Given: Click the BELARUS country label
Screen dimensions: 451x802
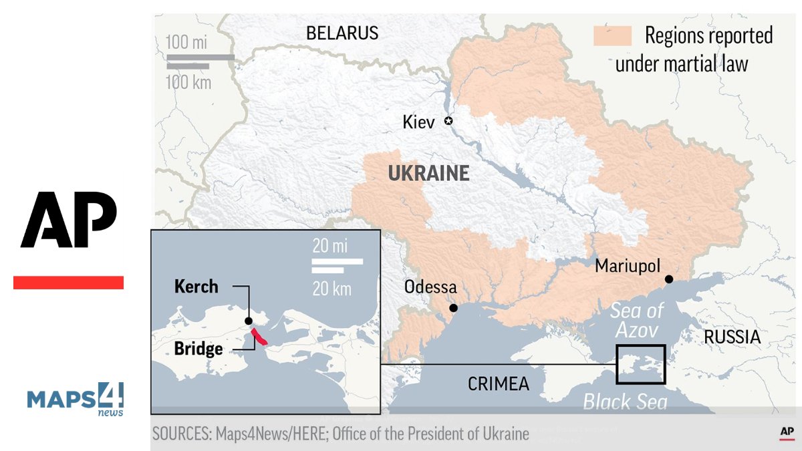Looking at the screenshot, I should [x=342, y=33].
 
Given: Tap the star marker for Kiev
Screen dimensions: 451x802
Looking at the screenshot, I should [x=448, y=121].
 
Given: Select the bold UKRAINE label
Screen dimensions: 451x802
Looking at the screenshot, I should [x=428, y=174].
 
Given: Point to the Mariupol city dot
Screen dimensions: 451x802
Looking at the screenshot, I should [x=668, y=279].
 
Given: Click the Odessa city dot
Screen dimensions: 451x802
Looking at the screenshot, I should [x=453, y=308].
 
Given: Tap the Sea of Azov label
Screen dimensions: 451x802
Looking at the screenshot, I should [x=637, y=320].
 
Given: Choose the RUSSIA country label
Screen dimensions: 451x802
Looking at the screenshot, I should [x=732, y=337].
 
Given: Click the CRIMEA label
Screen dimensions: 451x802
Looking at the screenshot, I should [x=498, y=384].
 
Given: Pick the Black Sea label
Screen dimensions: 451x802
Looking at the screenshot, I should [x=625, y=402].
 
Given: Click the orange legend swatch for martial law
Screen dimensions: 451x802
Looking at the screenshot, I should [x=612, y=35].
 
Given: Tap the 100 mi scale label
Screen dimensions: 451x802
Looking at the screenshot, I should [x=186, y=42].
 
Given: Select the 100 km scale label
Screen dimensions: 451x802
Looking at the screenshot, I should [x=188, y=82].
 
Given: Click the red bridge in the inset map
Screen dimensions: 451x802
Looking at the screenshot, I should [x=259, y=337].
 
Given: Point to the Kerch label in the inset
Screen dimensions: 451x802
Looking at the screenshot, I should [x=196, y=287].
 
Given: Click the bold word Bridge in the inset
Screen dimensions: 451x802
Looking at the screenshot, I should [x=198, y=348].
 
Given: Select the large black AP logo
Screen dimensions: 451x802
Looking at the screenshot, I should [x=69, y=219].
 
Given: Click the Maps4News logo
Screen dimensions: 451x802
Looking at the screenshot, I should [x=75, y=399].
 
